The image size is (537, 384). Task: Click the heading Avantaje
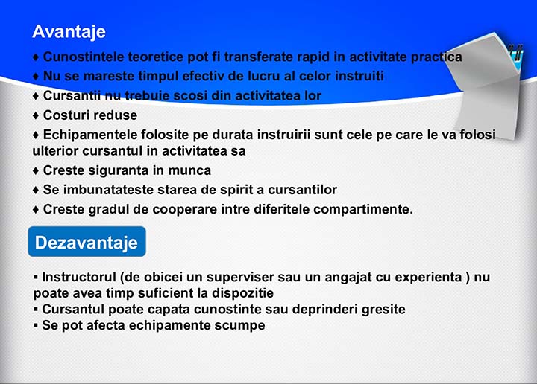[x=69, y=33]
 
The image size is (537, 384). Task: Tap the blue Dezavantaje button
[x=87, y=242]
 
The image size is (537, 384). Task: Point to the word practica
[x=436, y=57]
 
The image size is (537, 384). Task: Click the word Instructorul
[x=79, y=277]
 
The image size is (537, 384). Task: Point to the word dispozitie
[x=243, y=293]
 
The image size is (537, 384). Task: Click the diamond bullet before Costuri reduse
[x=36, y=115]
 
